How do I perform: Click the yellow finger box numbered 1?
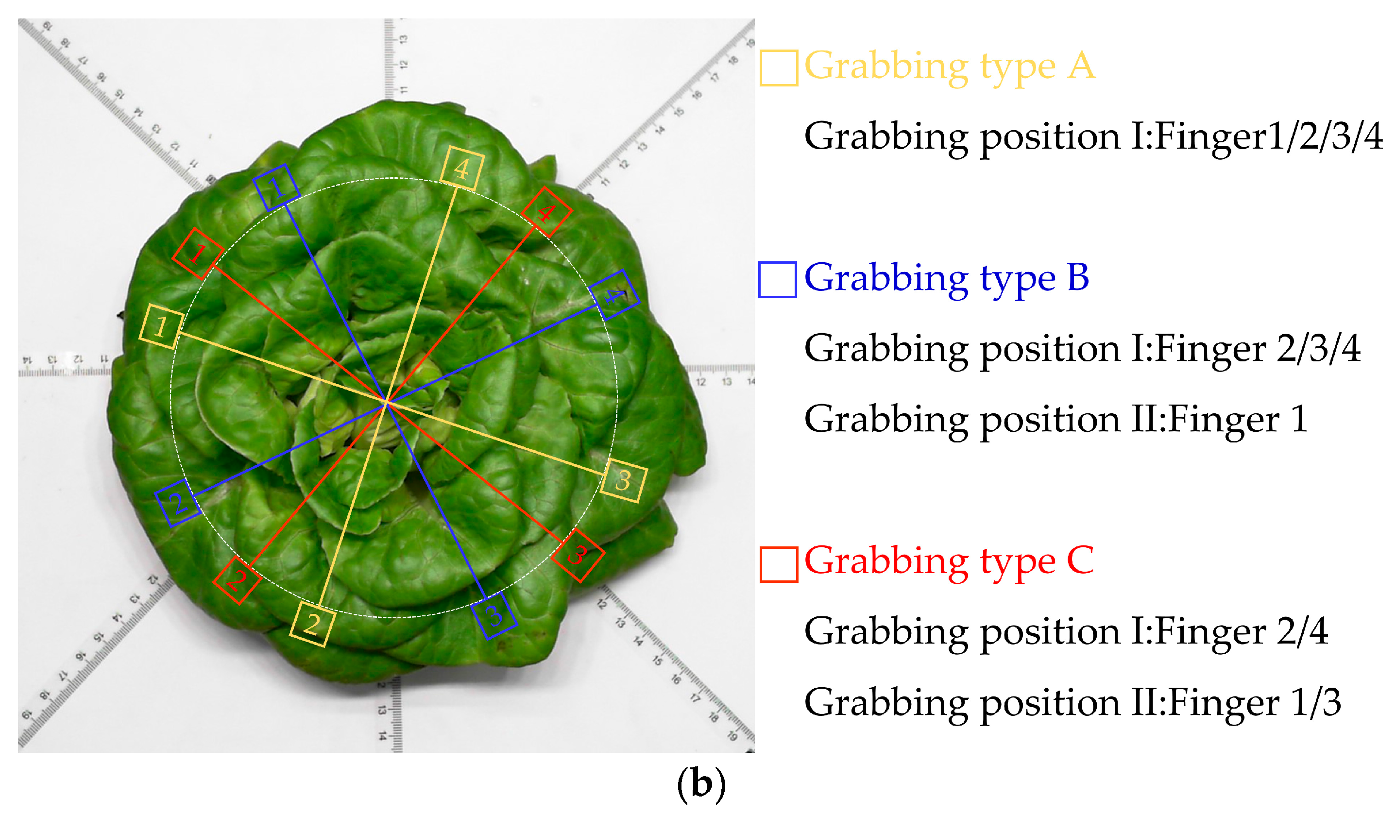[x=161, y=326]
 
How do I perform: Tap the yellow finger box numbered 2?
[x=312, y=624]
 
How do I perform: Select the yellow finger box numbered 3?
[x=623, y=480]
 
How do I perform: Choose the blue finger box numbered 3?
[x=494, y=615]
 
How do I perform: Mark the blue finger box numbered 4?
[x=614, y=295]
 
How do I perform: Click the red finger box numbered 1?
[x=198, y=254]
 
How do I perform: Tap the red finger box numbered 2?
[x=237, y=580]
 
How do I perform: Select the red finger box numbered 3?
[x=578, y=554]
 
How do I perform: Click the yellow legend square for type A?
[x=778, y=68]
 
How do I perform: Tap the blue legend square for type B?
[x=777, y=280]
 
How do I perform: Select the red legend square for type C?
[x=778, y=564]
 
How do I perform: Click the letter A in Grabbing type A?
[x=1081, y=66]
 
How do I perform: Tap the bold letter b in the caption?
[x=701, y=783]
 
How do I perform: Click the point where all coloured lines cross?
[x=387, y=402]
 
